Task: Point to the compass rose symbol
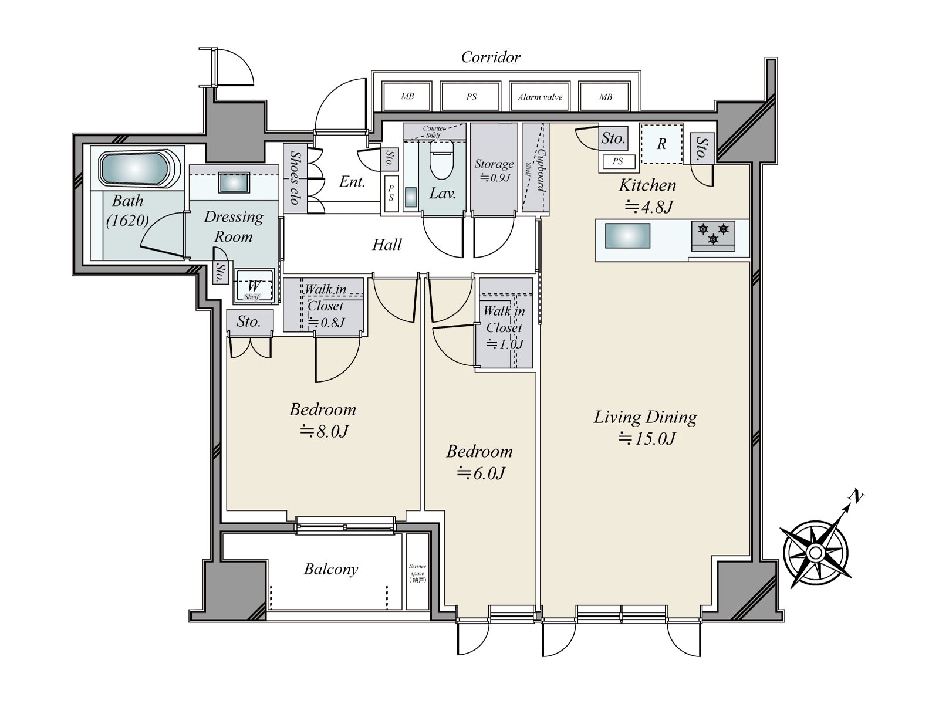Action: point(815,552)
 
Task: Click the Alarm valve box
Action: point(540,97)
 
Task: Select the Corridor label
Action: point(491,57)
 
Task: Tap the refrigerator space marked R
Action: point(661,144)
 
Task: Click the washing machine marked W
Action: point(254,286)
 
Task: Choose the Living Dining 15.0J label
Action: point(646,427)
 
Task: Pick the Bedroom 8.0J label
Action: point(323,420)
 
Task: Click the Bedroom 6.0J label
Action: point(480,462)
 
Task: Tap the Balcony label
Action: point(331,568)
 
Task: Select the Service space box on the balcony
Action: point(418,572)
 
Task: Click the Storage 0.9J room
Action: point(494,170)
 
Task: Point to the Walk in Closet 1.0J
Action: point(504,327)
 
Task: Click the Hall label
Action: point(387,244)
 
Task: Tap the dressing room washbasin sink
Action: point(233,183)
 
